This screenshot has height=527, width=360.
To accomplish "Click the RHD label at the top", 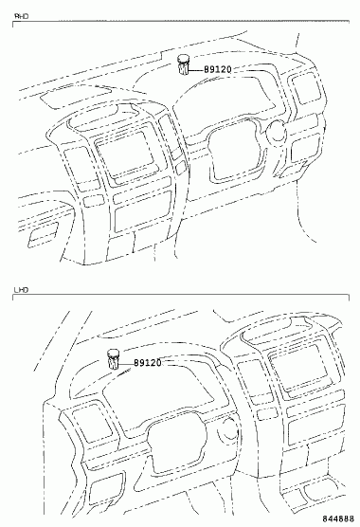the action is pos(21,16).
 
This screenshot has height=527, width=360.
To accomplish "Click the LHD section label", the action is pos(21,290).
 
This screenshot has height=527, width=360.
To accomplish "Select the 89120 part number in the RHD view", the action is pos(218,69).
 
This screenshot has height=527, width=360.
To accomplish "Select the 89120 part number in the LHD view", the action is pos(148,363).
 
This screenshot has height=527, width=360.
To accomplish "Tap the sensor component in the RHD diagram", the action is pos(183,64).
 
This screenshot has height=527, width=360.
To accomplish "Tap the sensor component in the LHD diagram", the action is pos(113,359).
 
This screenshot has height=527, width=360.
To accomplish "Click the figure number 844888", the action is pos(339,518).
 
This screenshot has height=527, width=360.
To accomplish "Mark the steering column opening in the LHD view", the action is pos(177,444).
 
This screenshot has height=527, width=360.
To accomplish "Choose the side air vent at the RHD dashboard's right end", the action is pos(307,88).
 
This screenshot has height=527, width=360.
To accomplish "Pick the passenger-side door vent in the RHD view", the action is pos(43,234).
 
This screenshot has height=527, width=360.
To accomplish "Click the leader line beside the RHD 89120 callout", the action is pos(196,70).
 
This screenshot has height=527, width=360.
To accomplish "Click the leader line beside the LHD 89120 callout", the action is pos(126,364).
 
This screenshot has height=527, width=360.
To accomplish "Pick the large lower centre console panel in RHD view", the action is pos(143,210).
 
